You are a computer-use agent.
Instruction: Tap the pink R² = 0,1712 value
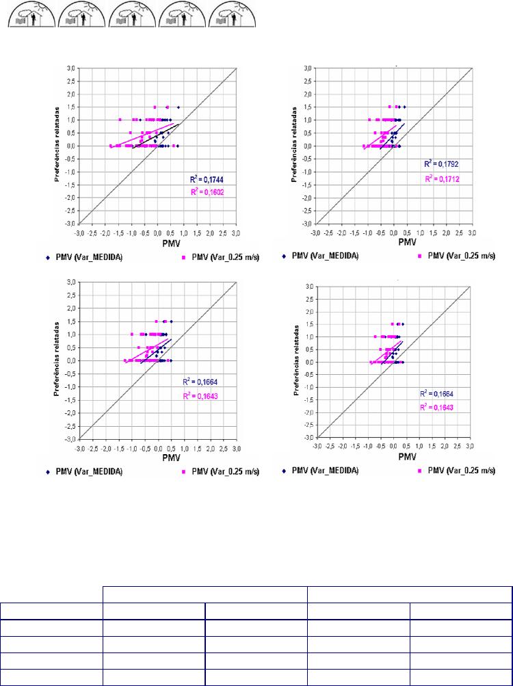pyautogui.click(x=440, y=178)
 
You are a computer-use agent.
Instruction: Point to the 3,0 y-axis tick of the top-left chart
pyautogui.click(x=70, y=68)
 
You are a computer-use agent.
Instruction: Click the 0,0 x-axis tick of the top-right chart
pyautogui.click(x=394, y=233)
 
